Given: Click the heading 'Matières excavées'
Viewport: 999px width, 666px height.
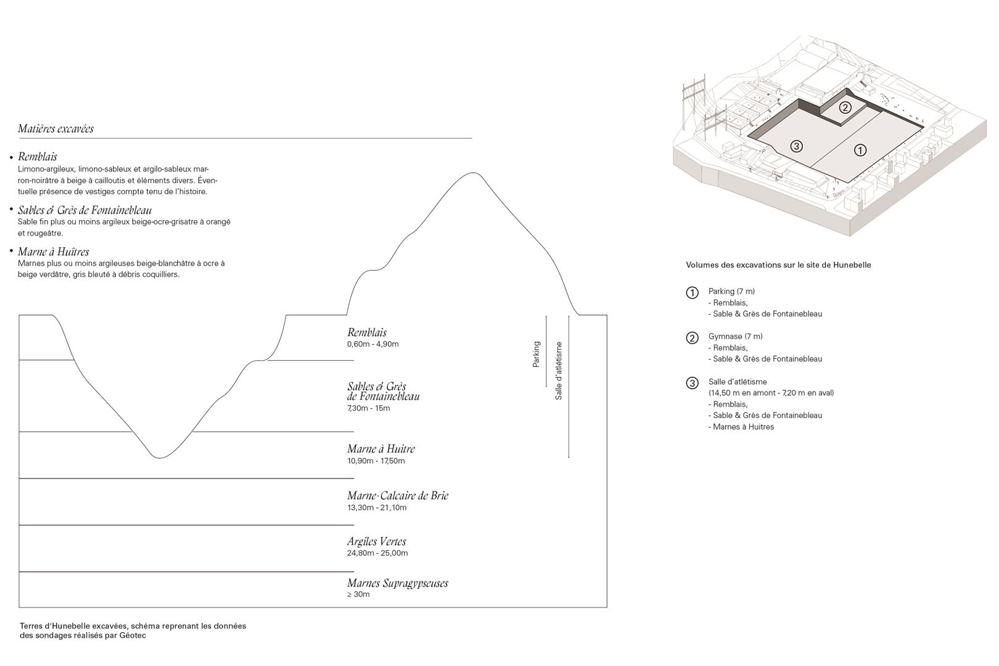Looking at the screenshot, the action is pos(55,128).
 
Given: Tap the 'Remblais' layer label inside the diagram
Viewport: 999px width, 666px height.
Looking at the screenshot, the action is pos(366,332).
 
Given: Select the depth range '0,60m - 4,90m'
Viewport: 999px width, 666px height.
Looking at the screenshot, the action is pos(373,344).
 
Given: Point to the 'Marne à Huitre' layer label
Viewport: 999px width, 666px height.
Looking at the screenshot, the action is pos(381,449).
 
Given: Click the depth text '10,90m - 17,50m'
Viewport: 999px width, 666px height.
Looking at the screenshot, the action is pos(376,461).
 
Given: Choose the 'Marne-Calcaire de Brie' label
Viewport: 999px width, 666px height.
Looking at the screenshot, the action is pos(398,495).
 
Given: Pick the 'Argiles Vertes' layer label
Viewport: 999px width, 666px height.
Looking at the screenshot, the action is pos(376,541).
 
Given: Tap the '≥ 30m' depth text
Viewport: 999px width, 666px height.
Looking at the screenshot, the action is pos(358,594).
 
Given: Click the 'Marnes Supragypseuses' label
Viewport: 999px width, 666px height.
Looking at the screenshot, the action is pos(397,583).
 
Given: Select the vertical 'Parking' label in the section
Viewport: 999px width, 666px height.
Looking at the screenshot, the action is pos(536,354).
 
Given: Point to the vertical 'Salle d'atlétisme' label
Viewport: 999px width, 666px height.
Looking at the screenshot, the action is pos(558,371).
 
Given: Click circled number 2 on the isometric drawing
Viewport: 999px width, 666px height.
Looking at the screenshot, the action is pos(845,107).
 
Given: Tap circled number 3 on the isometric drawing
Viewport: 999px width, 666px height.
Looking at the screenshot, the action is pos(797,146).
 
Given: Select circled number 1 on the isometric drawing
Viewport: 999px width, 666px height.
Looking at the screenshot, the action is pos(860,150).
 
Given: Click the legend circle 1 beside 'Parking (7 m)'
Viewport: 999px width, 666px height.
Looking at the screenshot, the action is pos(692,293).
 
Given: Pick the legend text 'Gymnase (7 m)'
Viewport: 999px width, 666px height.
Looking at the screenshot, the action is pos(736,336).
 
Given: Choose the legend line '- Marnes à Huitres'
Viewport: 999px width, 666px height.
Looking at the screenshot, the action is pos(741,427).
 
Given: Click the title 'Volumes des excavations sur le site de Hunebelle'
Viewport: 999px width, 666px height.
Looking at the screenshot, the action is pos(778,265).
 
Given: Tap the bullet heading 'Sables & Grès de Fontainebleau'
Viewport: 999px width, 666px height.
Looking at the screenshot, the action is pos(84,210).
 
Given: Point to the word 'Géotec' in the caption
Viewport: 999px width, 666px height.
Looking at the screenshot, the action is pos(133,635).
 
